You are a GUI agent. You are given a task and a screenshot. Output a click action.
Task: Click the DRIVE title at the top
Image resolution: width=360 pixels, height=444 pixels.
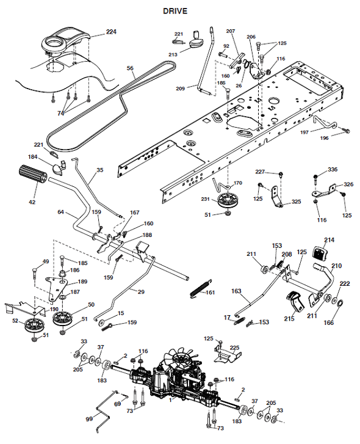tap(175, 11)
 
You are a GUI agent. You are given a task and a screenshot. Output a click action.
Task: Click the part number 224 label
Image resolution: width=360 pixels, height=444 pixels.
tap(111, 32)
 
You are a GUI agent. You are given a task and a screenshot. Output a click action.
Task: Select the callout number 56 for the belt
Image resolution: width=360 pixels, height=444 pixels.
tap(130, 68)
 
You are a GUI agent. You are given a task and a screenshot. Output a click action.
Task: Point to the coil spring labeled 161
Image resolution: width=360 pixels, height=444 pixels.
tap(201, 288)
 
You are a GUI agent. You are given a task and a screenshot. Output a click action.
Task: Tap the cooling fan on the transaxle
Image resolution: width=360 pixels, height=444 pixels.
tap(181, 360)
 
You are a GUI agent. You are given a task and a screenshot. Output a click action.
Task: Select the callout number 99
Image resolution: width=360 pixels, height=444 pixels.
tap(89, 419)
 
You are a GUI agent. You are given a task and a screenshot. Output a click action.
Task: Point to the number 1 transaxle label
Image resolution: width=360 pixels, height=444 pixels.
tap(170, 400)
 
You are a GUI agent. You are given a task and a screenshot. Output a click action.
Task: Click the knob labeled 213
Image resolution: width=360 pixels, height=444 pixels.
tap(196, 40)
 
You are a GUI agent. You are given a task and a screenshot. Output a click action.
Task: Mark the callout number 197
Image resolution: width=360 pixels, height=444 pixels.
tap(304, 133)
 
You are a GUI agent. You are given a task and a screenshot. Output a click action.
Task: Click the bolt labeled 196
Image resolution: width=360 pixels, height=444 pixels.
tap(346, 130)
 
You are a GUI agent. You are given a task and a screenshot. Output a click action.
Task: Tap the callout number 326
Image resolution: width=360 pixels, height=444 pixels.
tap(348, 184)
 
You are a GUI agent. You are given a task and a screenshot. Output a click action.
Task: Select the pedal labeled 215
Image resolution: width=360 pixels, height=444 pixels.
tap(295, 301)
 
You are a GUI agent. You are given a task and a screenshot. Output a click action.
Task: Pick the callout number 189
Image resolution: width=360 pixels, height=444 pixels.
tap(82, 282)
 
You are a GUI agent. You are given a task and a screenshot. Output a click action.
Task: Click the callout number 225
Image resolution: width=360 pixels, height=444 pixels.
tap(234, 348)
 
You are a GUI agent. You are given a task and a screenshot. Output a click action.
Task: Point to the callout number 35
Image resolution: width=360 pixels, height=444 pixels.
tap(100, 170)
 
